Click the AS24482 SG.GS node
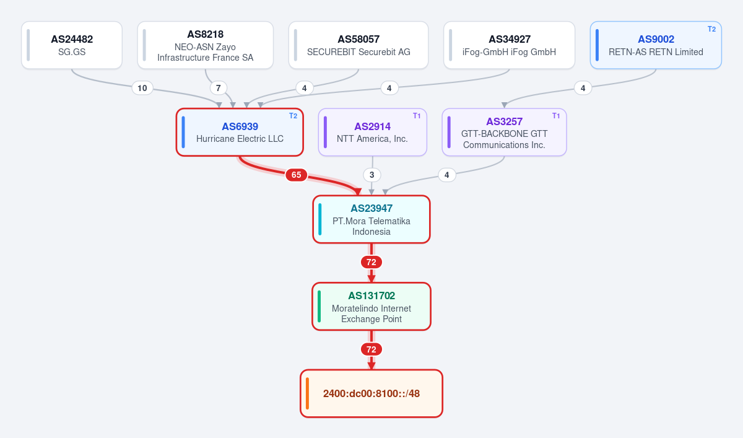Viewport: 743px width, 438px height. [72, 45]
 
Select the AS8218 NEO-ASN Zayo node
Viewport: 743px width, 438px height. [206, 45]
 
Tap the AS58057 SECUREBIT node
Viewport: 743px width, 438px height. [358, 45]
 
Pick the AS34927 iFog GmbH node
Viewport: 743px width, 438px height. [509, 45]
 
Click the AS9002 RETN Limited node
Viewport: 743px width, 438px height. [656, 45]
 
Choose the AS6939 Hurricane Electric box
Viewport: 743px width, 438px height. [240, 132]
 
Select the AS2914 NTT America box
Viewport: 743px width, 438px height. [373, 132]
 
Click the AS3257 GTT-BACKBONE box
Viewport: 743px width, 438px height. [504, 132]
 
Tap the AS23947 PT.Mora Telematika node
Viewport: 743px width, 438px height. [371, 219]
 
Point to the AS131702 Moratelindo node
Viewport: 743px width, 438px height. [371, 307]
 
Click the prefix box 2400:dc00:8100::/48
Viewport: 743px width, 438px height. [371, 393]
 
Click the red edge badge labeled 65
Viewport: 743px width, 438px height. [296, 175]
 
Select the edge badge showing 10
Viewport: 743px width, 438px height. [142, 88]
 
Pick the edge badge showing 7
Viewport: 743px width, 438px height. [218, 88]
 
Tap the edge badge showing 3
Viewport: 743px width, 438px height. [372, 175]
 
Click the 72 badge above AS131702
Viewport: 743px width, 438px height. [371, 262]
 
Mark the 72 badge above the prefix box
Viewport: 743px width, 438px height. [371, 349]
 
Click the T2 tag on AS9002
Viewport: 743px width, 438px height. [711, 29]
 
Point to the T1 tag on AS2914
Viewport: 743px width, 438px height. [417, 116]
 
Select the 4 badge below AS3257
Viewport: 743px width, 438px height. [447, 175]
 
